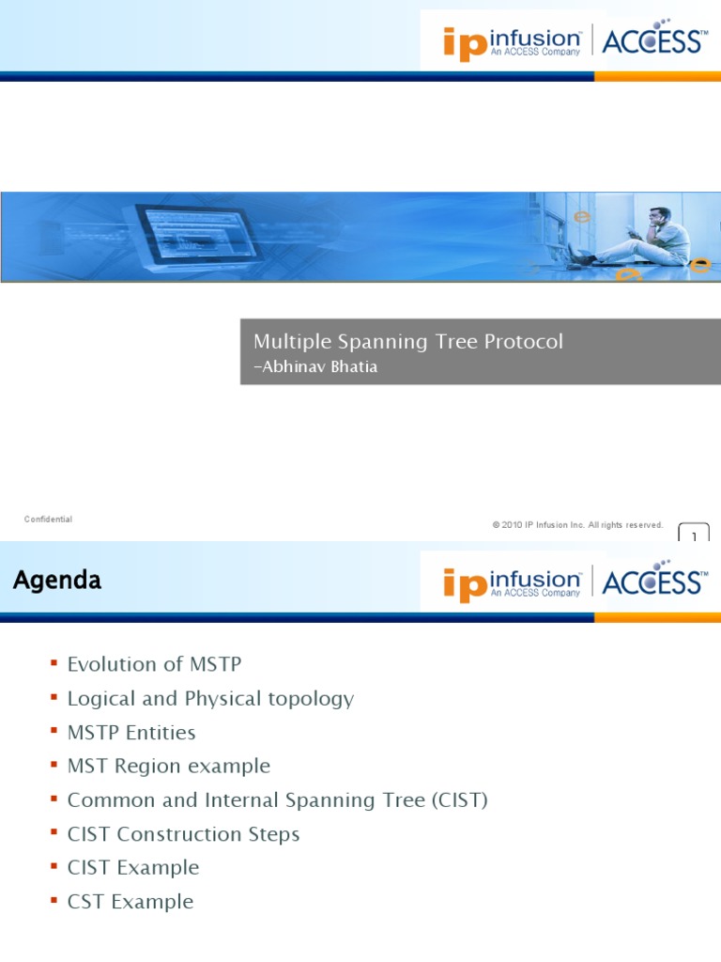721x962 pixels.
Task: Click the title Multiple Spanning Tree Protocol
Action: pos(408,342)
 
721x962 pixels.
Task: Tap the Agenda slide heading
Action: pos(57,581)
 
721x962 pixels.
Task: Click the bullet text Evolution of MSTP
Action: pos(154,664)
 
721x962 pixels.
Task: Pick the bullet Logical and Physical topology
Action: pos(210,698)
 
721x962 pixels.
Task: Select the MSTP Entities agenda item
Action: pos(131,732)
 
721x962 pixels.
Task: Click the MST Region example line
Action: pos(169,766)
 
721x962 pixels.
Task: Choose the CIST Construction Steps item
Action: pos(183,833)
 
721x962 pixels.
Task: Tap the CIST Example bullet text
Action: pos(133,867)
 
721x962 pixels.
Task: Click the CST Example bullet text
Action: pos(130,901)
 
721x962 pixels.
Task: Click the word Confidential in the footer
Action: pos(48,520)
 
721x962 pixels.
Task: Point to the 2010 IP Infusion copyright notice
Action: pos(577,525)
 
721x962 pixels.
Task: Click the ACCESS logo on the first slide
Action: pos(652,41)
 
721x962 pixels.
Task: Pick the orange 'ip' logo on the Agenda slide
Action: pos(465,584)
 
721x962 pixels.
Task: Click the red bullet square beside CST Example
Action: pos(54,901)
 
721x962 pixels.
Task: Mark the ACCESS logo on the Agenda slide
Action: pos(652,582)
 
